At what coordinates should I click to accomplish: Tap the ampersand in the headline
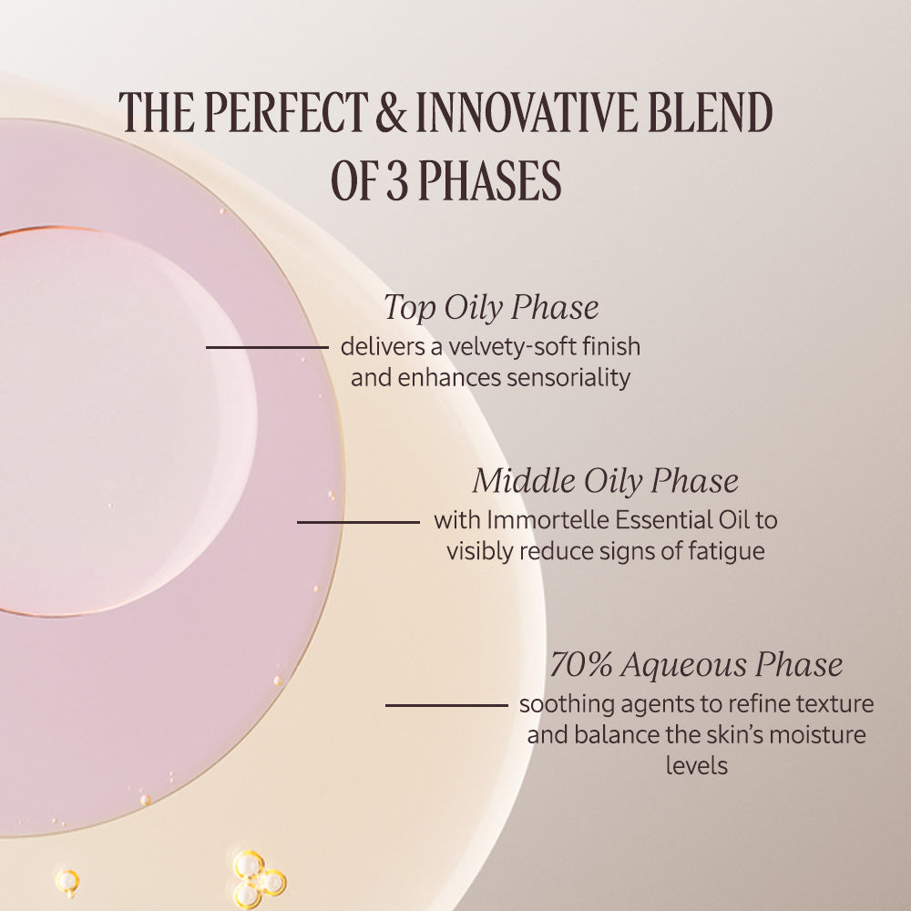(392, 111)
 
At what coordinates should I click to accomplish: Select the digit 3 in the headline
(397, 179)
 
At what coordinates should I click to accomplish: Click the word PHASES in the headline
(490, 179)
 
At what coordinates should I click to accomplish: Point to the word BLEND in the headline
(710, 111)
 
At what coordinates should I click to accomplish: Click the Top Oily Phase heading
(491, 307)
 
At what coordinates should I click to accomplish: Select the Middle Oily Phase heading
(606, 481)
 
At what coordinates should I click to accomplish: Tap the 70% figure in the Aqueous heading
(580, 664)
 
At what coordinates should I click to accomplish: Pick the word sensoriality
(568, 378)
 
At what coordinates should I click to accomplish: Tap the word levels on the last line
(697, 766)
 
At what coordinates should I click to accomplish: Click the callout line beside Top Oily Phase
(267, 347)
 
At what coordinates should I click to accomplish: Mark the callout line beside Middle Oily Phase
(358, 522)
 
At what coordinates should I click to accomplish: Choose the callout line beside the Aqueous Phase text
(446, 705)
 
